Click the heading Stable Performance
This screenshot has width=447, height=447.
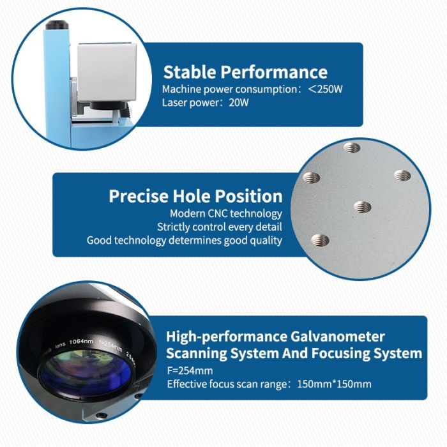tap(245, 72)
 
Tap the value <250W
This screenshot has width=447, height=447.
tap(325, 89)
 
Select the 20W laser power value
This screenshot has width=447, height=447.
tap(239, 102)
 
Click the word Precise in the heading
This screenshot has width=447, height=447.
tap(139, 196)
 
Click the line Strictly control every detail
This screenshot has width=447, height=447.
tap(220, 227)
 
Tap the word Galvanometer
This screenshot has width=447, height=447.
tap(338, 337)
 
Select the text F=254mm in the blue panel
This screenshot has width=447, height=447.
tap(190, 370)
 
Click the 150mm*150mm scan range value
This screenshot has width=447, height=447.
tap(334, 384)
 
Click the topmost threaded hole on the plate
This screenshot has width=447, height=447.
tap(351, 148)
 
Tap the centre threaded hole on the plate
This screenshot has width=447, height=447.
tap(362, 207)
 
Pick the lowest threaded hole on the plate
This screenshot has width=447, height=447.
tap(320, 240)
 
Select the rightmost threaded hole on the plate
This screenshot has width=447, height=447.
tap(402, 176)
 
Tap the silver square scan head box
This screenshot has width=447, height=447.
tap(107, 72)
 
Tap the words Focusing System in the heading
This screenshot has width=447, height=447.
tap(367, 354)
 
